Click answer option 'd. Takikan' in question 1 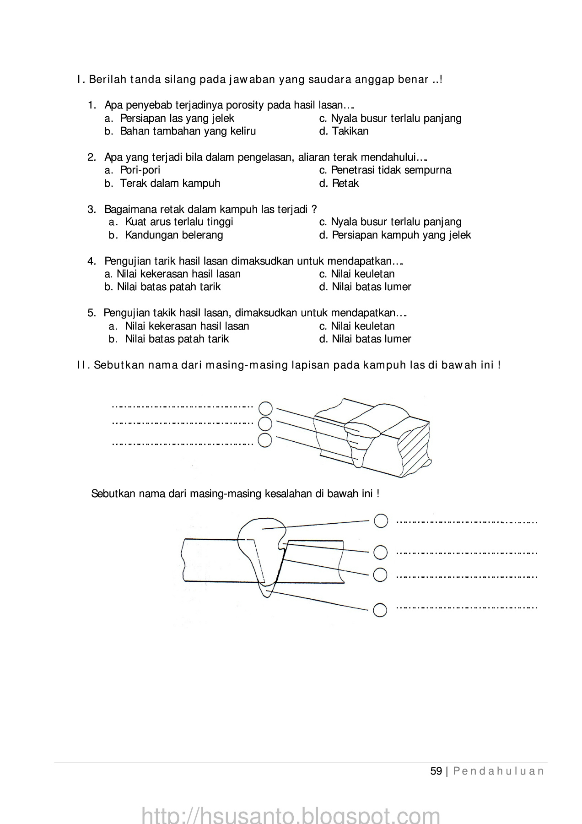click(344, 131)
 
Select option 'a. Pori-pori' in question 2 click(133, 170)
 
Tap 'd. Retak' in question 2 click(339, 184)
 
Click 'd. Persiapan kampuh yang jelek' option click(395, 235)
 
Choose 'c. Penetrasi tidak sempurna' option click(385, 170)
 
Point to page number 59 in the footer click(436, 771)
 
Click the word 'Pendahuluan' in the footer click(499, 771)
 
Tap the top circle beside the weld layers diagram click(265, 408)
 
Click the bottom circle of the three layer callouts click(265, 440)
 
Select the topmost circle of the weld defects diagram click(381, 520)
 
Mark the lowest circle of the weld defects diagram click(380, 610)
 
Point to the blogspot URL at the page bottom click(291, 814)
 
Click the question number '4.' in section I click(92, 261)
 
